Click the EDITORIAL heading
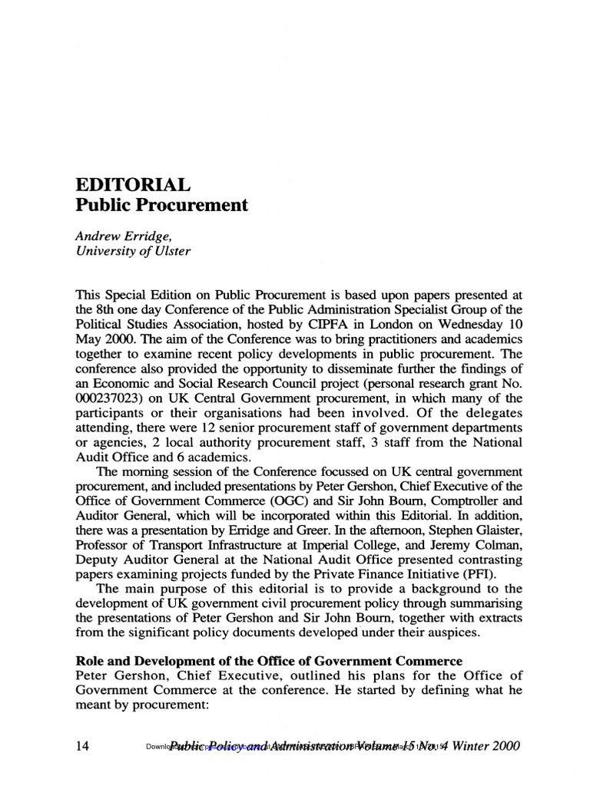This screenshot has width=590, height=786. (x=131, y=185)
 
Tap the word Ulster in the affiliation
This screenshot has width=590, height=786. (x=171, y=251)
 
